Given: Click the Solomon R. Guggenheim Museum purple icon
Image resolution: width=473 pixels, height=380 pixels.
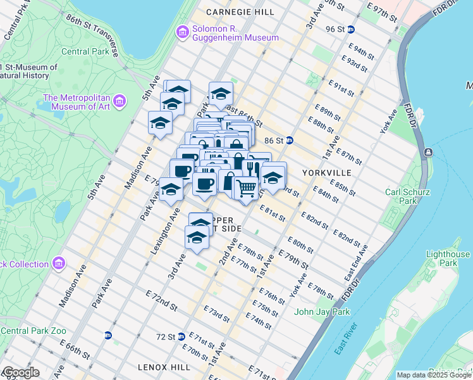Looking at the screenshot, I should point(183,32).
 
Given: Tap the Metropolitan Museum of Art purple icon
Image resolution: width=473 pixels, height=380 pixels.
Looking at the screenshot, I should point(121,100).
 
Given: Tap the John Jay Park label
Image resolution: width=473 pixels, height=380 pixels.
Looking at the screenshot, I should point(322,311).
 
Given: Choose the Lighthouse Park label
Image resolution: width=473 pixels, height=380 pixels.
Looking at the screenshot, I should point(448,258).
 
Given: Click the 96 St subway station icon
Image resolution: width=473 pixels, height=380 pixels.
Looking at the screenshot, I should point(351,29).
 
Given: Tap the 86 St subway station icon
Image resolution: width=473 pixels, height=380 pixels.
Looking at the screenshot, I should point(290,140).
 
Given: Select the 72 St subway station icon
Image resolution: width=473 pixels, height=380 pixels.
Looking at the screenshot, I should point(181,336).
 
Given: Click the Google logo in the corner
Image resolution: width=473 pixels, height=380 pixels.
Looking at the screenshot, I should point(21,372).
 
